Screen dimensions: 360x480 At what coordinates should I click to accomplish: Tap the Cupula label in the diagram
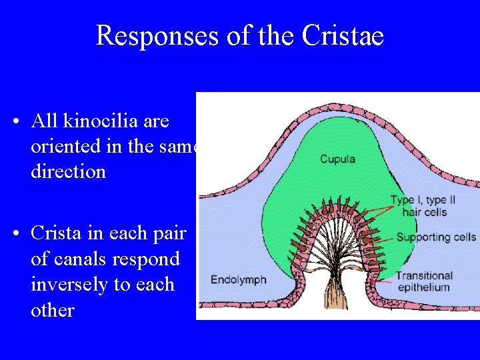(x=337, y=159)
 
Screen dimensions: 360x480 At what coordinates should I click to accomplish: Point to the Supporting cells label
(x=436, y=237)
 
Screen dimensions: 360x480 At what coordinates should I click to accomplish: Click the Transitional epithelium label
(x=424, y=281)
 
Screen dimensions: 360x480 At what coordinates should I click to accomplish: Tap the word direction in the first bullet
(x=68, y=172)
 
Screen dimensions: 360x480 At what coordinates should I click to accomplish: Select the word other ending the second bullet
(x=52, y=310)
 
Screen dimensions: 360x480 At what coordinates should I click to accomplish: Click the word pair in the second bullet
(x=170, y=233)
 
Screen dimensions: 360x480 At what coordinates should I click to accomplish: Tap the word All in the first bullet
(x=45, y=121)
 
